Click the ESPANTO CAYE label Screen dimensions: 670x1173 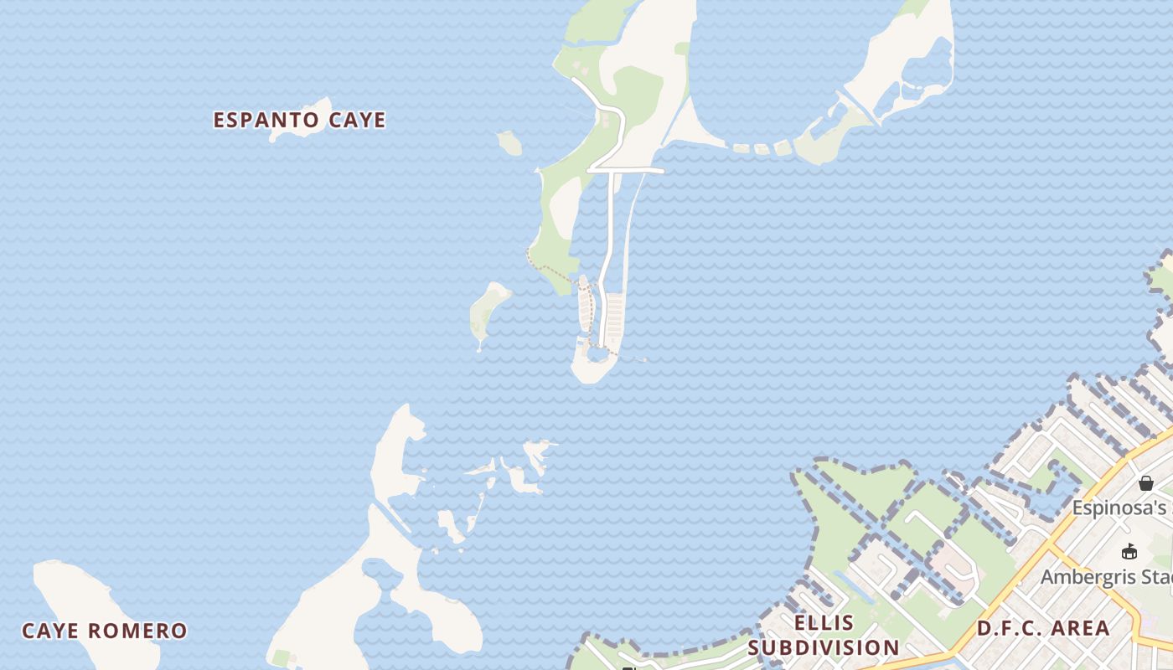[299, 120]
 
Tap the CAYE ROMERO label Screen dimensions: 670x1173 [104, 631]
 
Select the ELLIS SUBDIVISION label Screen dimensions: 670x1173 [824, 635]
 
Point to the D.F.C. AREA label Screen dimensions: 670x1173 [1043, 628]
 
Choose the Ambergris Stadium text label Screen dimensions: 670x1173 [1106, 577]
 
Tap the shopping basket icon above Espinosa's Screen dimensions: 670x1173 [1145, 483]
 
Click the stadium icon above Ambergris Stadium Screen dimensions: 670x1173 [1129, 551]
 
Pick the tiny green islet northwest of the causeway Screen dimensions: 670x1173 [509, 142]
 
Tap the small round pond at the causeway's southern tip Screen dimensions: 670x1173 [597, 355]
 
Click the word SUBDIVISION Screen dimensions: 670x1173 [824, 647]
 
